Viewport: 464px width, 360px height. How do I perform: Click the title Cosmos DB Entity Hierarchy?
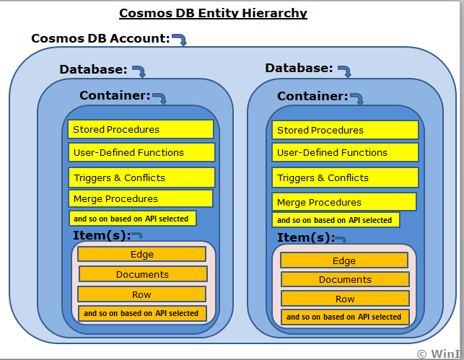(213, 13)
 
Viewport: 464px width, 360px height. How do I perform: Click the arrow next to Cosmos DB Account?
(179, 39)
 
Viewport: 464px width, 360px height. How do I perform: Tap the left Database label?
(93, 69)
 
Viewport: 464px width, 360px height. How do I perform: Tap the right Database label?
(299, 68)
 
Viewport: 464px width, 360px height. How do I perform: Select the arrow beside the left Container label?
(159, 97)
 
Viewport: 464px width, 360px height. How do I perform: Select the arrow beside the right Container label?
(356, 98)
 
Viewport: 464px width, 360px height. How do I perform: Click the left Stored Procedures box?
(141, 130)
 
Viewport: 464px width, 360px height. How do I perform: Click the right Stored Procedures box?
(345, 131)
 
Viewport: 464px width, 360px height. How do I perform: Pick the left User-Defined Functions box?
(142, 152)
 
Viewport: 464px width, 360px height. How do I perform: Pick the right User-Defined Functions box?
(346, 153)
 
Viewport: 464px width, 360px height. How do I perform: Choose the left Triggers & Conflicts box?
(142, 177)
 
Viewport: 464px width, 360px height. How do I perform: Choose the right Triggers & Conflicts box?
(346, 177)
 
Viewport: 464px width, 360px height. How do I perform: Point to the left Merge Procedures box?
(141, 198)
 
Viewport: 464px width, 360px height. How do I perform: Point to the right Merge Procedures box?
(344, 203)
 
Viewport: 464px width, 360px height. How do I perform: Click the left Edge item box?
(141, 254)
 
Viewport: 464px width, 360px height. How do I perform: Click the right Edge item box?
(344, 261)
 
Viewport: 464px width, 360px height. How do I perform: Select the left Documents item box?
(142, 274)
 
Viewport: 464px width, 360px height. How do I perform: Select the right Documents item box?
(345, 279)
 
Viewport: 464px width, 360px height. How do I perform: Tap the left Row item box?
(141, 294)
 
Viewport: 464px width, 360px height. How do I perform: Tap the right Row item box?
(345, 299)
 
